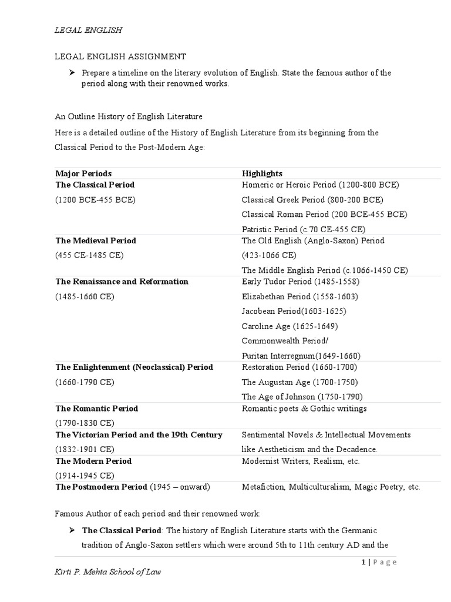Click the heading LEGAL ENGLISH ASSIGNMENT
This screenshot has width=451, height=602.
120,56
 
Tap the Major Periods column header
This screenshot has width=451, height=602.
83,173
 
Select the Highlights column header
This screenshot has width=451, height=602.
262,173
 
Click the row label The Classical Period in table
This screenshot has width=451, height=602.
95,185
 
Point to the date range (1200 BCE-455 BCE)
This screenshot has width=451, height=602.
95,200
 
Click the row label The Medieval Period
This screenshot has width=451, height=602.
96,240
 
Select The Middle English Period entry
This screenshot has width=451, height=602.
325,270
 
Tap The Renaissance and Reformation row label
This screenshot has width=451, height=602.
122,282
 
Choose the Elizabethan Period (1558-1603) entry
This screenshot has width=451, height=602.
299,297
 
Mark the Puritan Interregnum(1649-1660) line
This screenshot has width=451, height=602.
301,356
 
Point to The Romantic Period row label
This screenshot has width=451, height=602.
97,408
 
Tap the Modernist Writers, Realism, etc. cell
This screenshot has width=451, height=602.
301,461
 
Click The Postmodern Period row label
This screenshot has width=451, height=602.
102,487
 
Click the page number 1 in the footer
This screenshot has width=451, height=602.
364,562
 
